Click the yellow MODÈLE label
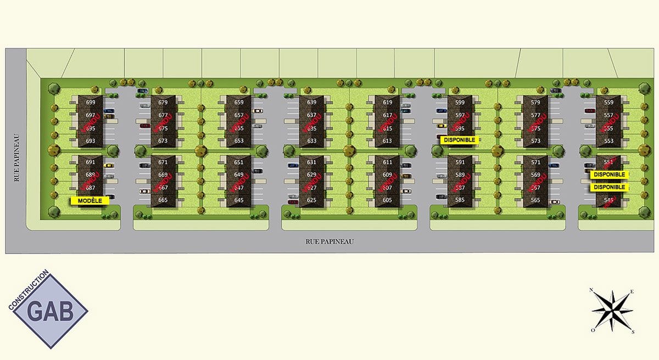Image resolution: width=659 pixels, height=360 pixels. tap(90, 200)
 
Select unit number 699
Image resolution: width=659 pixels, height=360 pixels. tap(91, 103)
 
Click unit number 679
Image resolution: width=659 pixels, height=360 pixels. tap(163, 103)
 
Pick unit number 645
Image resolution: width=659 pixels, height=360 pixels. tap(238, 200)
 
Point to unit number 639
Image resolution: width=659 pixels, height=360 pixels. tap(312, 103)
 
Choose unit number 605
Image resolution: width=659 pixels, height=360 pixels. tap(388, 200)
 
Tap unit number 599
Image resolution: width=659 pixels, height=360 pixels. tap(460, 103)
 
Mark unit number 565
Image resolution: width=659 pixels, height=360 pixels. tap(535, 200)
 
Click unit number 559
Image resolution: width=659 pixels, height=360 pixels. tap(608, 103)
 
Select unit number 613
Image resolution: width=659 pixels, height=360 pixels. tap(388, 141)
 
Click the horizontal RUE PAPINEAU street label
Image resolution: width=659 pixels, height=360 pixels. tap(329, 241)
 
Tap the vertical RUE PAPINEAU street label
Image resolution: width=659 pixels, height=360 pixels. tap(17, 157)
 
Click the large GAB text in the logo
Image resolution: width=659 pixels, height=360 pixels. tap(51, 312)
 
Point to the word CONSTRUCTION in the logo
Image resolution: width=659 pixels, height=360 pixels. tap(29, 290)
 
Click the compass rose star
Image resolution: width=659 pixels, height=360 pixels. tap(612, 311)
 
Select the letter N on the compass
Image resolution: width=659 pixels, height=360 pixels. tap(591, 290)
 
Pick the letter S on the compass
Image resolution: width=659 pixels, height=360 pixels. tap(633, 331)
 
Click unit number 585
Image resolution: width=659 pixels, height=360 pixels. tap(460, 200)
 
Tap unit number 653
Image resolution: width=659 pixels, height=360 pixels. tap(238, 141)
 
